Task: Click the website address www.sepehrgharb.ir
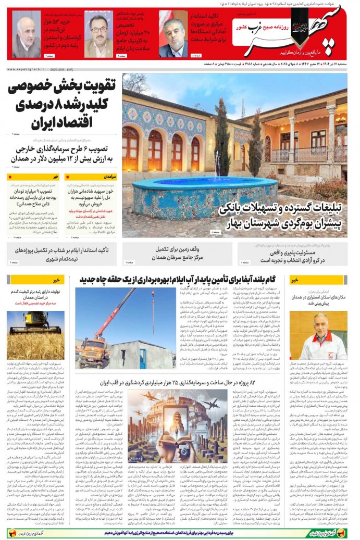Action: point(24,68)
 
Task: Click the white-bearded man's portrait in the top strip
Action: point(27,35)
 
